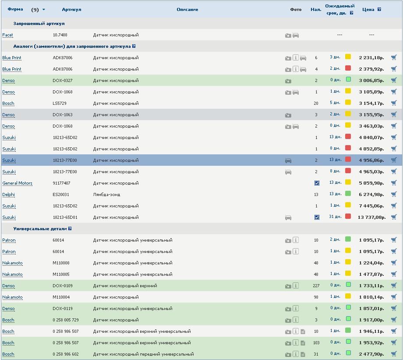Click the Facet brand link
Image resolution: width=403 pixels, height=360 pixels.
(x=7, y=35)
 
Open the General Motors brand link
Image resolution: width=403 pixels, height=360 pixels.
(x=17, y=183)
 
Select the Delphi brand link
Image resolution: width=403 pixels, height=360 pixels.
(x=8, y=195)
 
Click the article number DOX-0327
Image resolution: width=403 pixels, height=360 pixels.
(x=63, y=81)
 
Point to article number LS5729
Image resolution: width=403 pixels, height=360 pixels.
(x=60, y=103)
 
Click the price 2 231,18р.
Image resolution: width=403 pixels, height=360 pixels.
(x=371, y=58)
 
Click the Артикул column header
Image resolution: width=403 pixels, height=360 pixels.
(x=71, y=10)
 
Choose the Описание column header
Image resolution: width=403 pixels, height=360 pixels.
(x=187, y=10)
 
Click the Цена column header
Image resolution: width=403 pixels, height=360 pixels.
(x=368, y=10)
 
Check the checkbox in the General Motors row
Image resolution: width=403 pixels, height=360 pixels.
(x=317, y=183)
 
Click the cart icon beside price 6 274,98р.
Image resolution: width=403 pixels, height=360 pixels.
(x=394, y=194)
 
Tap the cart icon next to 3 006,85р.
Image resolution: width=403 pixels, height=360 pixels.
(x=394, y=80)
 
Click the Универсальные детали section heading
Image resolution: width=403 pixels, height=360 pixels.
(x=40, y=229)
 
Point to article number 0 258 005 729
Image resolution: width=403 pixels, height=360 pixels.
(x=66, y=320)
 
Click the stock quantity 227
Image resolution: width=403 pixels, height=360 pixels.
(x=316, y=286)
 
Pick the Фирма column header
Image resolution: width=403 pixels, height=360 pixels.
(x=15, y=9)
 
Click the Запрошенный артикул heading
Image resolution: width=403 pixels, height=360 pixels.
(x=39, y=24)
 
